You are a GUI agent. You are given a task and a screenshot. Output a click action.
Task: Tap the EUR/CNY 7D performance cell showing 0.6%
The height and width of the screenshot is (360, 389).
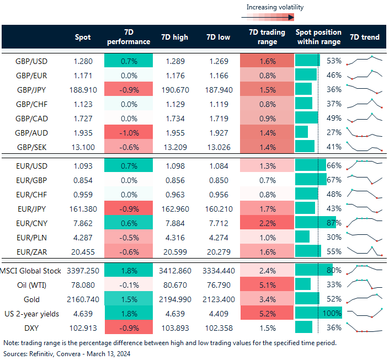point(128,223)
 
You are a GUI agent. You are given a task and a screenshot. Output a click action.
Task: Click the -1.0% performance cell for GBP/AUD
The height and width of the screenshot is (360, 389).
point(128,132)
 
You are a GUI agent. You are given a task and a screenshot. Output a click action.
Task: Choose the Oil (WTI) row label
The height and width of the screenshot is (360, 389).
point(29,284)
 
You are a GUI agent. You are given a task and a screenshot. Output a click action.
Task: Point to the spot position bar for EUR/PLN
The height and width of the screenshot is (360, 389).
point(302,237)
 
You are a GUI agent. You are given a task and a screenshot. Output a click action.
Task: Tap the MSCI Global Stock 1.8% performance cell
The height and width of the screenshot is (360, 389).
point(128,270)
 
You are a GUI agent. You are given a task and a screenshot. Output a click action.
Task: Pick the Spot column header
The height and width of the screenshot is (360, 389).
point(83,37)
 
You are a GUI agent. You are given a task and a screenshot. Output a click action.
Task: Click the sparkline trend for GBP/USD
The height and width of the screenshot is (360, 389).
point(364,60)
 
